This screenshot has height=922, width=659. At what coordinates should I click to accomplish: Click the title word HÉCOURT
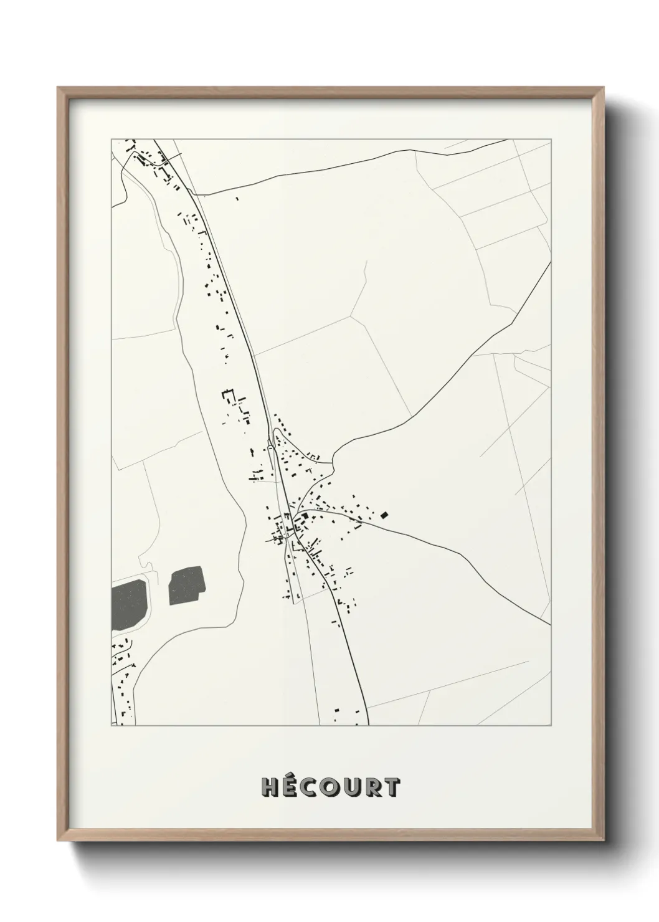331,787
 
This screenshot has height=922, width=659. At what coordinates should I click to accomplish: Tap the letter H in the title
270,788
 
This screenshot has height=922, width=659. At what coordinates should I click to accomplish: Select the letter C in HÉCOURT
311,788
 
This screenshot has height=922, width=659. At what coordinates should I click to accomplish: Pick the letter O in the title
331,788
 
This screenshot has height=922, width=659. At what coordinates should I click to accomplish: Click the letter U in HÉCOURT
352,788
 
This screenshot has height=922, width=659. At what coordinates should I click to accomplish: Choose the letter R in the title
372,788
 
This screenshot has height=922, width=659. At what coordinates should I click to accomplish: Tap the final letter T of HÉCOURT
391,788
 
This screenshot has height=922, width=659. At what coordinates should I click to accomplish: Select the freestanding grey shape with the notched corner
186,586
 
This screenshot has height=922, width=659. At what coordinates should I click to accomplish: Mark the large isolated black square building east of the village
384,515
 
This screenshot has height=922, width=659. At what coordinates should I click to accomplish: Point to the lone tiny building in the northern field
237,199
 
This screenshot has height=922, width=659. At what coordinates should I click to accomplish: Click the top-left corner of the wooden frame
58,88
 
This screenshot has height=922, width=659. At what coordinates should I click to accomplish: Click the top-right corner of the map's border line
551,139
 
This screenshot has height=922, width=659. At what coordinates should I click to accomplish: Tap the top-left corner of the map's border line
111,139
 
